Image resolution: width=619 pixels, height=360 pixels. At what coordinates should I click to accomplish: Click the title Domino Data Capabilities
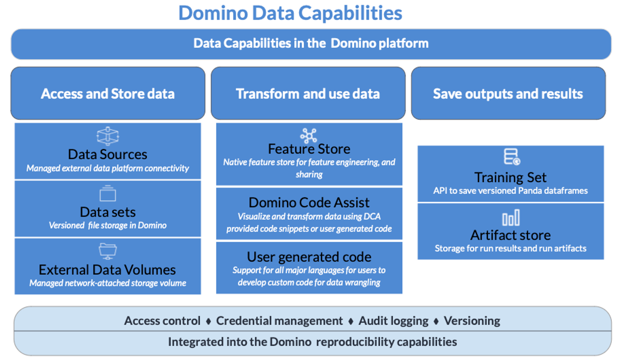coord(290,13)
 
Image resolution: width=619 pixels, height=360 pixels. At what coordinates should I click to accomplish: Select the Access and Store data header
coord(108,93)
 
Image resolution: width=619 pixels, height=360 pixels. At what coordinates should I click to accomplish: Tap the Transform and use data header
coord(308,93)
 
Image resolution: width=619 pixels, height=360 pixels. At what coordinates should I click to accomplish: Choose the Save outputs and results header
coord(508,93)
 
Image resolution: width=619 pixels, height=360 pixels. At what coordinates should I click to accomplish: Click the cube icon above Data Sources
coord(108,136)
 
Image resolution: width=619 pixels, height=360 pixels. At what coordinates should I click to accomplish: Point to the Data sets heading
coord(108,212)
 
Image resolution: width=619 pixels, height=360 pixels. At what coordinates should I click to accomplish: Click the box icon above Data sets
coord(108,193)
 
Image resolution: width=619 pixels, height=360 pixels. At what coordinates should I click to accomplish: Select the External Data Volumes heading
coord(107,270)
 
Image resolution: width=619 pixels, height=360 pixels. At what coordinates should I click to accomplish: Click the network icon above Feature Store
coord(309,136)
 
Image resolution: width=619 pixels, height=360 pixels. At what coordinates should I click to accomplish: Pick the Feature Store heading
coord(309,149)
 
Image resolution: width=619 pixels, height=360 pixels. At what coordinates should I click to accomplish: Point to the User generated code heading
coord(309,257)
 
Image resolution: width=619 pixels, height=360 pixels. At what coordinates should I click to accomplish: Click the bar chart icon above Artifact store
coord(511,218)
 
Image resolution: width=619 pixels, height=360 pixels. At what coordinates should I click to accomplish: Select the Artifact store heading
coord(511,235)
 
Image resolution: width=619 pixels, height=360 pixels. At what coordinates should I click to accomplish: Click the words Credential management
coord(279,321)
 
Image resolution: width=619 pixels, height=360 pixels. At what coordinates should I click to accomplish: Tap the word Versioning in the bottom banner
coord(472,321)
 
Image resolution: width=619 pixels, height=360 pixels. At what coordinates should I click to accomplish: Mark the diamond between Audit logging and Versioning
coord(436,321)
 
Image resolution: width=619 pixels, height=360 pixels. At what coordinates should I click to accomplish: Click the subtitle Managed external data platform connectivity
coord(108,168)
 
